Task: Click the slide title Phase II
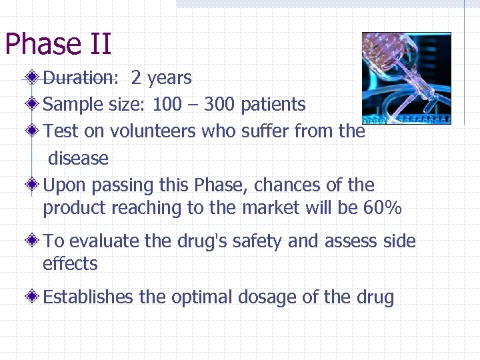tap(58, 45)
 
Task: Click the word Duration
tap(79, 78)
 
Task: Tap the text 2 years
tap(161, 78)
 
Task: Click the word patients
tap(273, 105)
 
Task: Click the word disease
tap(78, 159)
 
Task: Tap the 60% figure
tap(383, 208)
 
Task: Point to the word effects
tap(70, 264)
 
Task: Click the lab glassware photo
tap(406, 78)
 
